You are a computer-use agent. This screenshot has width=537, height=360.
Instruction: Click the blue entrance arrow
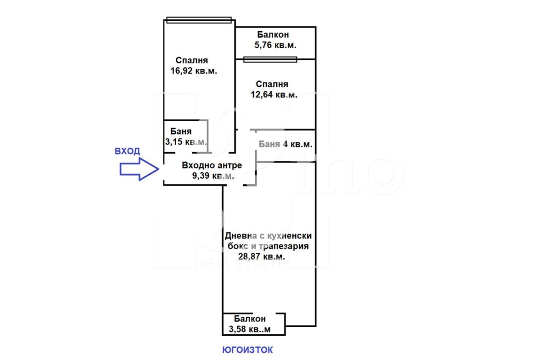[139, 169]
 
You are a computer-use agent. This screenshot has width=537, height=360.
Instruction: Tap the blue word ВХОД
[128, 151]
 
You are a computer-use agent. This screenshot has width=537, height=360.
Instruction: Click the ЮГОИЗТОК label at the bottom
[247, 350]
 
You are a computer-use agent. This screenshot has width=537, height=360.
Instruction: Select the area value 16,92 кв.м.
[194, 71]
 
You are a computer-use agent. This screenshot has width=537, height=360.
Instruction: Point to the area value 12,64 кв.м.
[274, 94]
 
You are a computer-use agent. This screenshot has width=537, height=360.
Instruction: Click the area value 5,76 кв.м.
[275, 45]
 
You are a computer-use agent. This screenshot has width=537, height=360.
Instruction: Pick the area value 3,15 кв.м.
[186, 142]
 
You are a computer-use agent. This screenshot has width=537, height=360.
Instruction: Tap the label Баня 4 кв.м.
[285, 144]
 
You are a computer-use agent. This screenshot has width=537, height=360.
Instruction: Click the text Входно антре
[212, 165]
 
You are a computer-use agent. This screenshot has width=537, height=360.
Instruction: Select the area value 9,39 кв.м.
[213, 176]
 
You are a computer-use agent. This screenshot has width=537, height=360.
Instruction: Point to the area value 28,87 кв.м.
[262, 256]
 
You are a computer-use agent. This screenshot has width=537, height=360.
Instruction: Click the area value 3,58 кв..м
[250, 329]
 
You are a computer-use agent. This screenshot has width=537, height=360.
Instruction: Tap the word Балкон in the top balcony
[273, 34]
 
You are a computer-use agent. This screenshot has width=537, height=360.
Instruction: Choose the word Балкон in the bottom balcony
[250, 319]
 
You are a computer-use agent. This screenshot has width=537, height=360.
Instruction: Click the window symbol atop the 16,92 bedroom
[199, 20]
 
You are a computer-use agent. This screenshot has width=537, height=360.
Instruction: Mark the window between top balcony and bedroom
[270, 60]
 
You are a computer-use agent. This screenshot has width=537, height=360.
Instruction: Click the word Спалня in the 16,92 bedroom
[192, 61]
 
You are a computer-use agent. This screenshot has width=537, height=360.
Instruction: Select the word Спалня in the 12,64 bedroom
[272, 84]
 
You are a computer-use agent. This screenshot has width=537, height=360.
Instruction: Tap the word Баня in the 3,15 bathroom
[181, 132]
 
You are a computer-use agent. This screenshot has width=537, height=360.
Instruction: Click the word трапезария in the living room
[284, 246]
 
